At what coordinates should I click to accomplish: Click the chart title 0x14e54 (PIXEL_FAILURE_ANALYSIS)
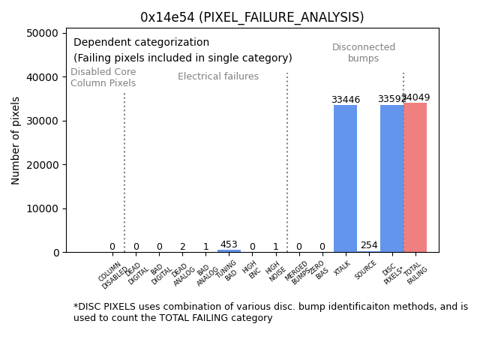[252, 17]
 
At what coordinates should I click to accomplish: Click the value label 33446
[345, 100]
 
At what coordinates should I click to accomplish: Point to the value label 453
[229, 244]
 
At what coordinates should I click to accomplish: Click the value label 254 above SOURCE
[368, 245]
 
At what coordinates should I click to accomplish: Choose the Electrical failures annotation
[218, 76]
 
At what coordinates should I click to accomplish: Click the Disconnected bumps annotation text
[364, 53]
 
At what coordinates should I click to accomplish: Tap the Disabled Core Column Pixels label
[103, 77]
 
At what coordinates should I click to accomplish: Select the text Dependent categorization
[141, 43]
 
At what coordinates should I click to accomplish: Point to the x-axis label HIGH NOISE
[274, 271]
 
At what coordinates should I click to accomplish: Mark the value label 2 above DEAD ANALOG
[182, 247]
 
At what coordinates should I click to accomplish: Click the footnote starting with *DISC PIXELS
[270, 312]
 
